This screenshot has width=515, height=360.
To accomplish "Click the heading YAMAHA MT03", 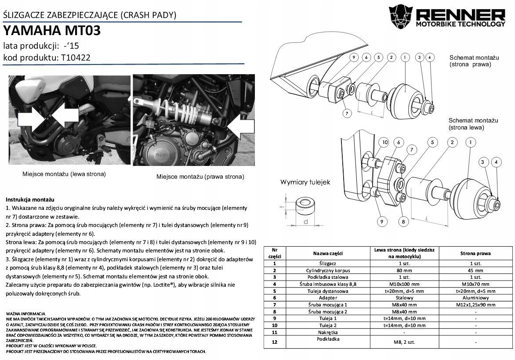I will coord(52,31).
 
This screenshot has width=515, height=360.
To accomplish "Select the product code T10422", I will coord(76,58).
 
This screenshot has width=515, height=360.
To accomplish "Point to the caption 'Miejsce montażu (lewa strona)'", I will coord(64,174).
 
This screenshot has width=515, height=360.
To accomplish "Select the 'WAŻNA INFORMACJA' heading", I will coord(25,309).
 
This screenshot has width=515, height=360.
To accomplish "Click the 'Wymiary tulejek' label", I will coord(305,182).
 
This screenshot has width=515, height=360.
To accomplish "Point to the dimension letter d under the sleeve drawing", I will coord(306,222).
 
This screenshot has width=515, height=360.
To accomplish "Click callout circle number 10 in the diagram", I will coord(385,142).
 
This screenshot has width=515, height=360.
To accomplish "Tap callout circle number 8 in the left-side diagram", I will coord(403,222).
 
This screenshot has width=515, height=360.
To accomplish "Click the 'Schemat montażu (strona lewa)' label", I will coord(473,124).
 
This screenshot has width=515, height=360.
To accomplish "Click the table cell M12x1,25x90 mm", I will coord(475,304).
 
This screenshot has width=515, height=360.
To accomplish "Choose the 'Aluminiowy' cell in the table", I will coord(475,297).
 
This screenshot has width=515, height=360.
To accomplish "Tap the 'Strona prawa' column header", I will coord(475,253).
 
